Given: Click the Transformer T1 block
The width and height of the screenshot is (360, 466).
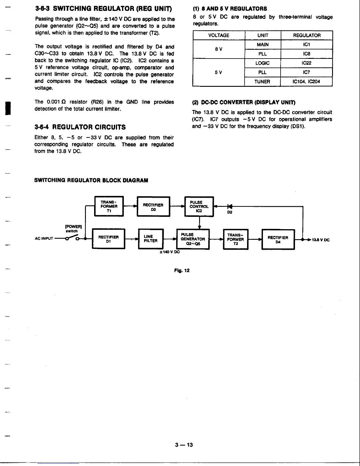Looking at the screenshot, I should (x=109, y=206).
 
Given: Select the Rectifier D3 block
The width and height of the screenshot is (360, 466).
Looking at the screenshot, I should (x=153, y=207).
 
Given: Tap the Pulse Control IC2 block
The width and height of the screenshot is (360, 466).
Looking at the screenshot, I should (x=199, y=206).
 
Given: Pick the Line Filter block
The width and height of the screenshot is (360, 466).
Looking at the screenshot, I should (x=151, y=239).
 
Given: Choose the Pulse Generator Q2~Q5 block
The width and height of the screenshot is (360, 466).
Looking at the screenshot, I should (x=193, y=239).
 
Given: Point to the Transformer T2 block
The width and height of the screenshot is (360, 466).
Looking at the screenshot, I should (x=236, y=239).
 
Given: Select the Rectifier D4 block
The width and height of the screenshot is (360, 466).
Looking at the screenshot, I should (x=278, y=239).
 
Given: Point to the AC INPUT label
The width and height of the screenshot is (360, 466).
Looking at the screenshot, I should (x=44, y=239).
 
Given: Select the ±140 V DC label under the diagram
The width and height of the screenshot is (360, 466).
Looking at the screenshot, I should (x=169, y=252).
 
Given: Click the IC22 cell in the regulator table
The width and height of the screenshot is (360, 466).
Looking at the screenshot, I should (x=306, y=63).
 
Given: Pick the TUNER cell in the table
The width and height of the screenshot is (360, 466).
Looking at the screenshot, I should (x=262, y=82).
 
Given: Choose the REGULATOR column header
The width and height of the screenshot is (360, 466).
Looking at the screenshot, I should (x=306, y=36).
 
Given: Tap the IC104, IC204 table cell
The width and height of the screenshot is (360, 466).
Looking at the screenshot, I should (x=306, y=82).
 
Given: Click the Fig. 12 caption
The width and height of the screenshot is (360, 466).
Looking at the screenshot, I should (x=182, y=270).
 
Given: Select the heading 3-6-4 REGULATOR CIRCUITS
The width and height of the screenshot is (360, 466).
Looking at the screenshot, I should (x=80, y=127).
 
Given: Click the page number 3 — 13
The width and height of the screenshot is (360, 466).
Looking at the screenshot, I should (x=184, y=445).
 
